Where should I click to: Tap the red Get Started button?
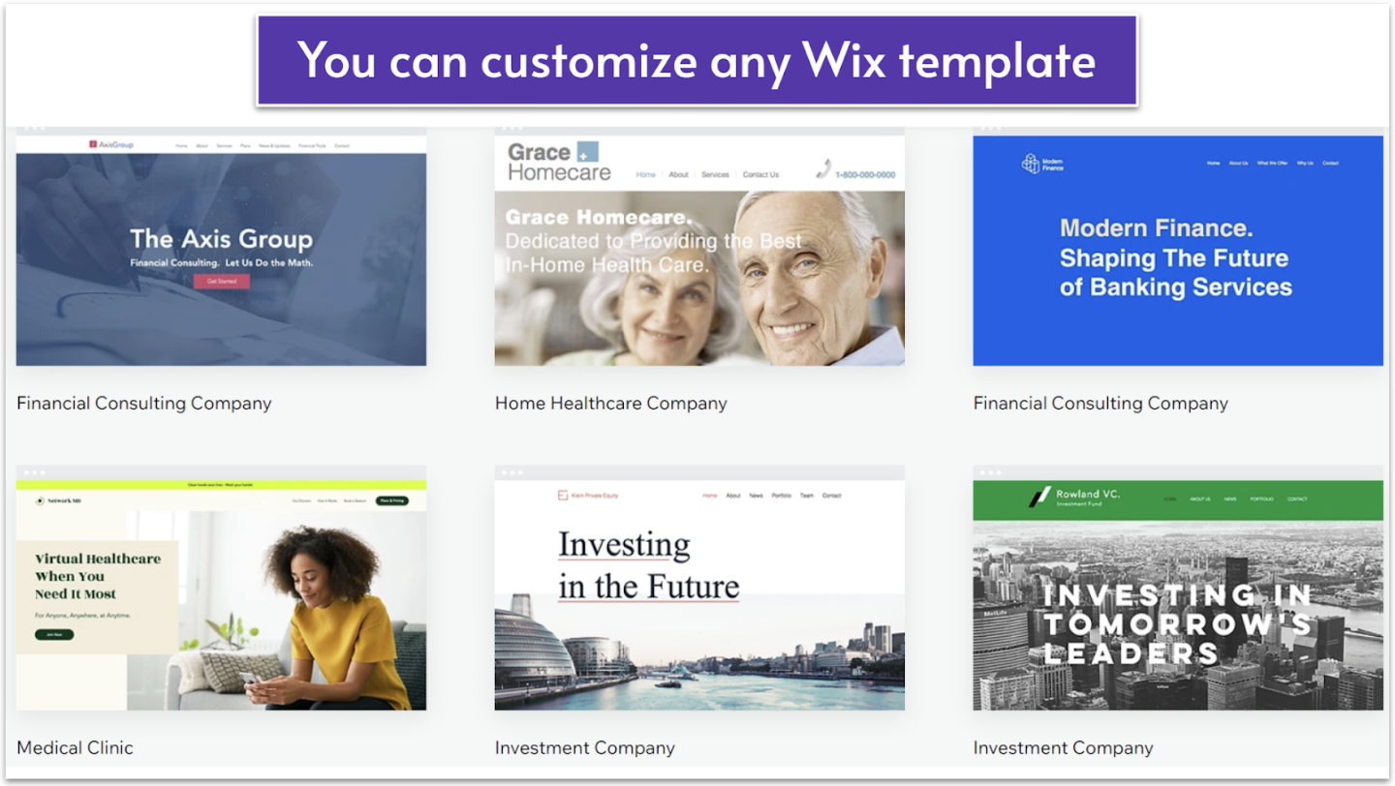[x=221, y=282]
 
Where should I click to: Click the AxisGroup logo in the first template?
[x=111, y=145]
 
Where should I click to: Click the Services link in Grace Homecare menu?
[x=715, y=175]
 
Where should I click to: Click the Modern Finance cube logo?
[x=1031, y=164]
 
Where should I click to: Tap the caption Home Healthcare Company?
[x=610, y=404]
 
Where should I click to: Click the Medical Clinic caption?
[x=75, y=747]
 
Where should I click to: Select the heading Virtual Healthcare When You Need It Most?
[x=97, y=576]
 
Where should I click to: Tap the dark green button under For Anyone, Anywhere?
[x=54, y=635]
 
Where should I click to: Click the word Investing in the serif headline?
[x=624, y=545]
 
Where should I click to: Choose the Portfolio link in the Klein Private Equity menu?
[x=781, y=496]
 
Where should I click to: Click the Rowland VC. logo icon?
[x=1039, y=498]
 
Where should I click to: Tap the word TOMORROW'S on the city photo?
[x=1177, y=624]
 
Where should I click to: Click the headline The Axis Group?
[x=221, y=239]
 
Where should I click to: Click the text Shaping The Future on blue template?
[x=1173, y=258]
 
